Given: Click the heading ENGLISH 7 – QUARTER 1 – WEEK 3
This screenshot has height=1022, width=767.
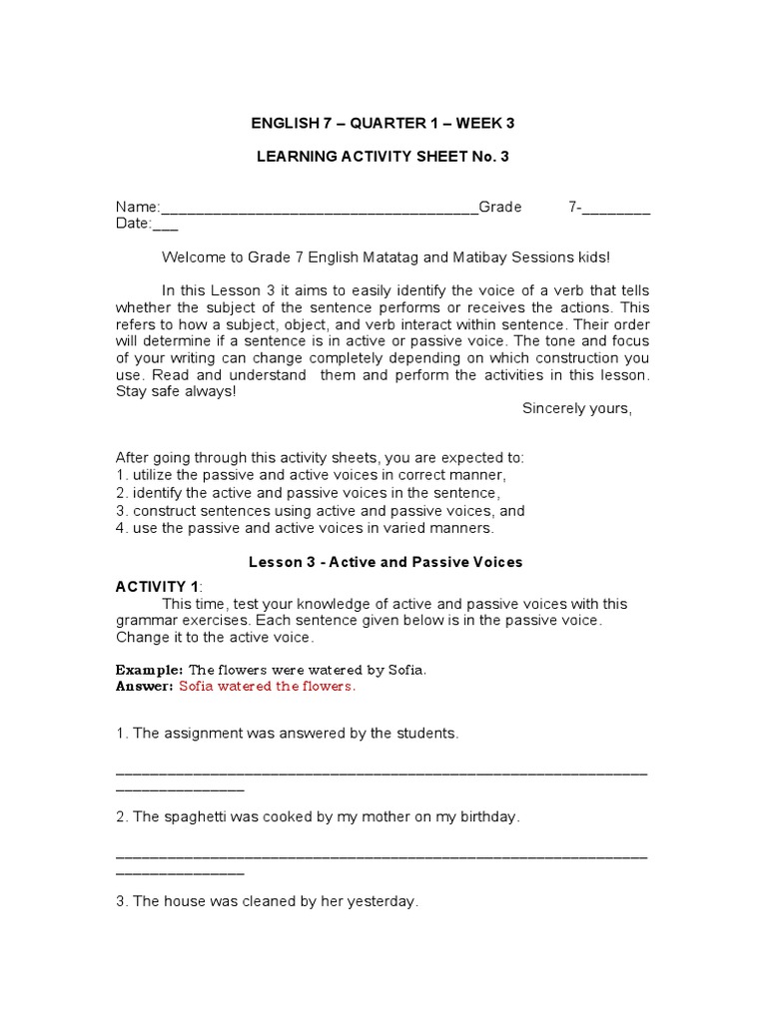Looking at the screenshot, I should pos(383,124).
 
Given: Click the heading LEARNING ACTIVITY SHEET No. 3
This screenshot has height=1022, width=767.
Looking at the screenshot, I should pos(383,157).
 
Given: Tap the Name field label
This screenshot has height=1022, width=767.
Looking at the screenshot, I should pos(137,208).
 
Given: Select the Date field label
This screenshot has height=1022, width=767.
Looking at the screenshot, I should pos(132,224).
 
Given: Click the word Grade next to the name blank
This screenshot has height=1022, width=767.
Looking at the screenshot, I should pos(500,208).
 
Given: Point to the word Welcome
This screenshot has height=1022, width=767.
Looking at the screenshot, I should pos(194,257).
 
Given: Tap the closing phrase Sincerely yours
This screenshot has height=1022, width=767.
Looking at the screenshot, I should pos(576,408).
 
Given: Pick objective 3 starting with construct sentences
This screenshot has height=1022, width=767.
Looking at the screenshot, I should pos(320,510).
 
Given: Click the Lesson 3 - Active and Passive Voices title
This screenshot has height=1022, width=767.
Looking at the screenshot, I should pos(385,562).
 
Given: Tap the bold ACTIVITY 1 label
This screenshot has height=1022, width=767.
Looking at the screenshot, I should pos(157,587).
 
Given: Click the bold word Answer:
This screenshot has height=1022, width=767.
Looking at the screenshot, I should pos(145,687).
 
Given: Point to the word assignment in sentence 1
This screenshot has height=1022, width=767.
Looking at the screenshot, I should pos(202,734).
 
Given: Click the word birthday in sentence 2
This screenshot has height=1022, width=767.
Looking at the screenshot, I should pos(487,817).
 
